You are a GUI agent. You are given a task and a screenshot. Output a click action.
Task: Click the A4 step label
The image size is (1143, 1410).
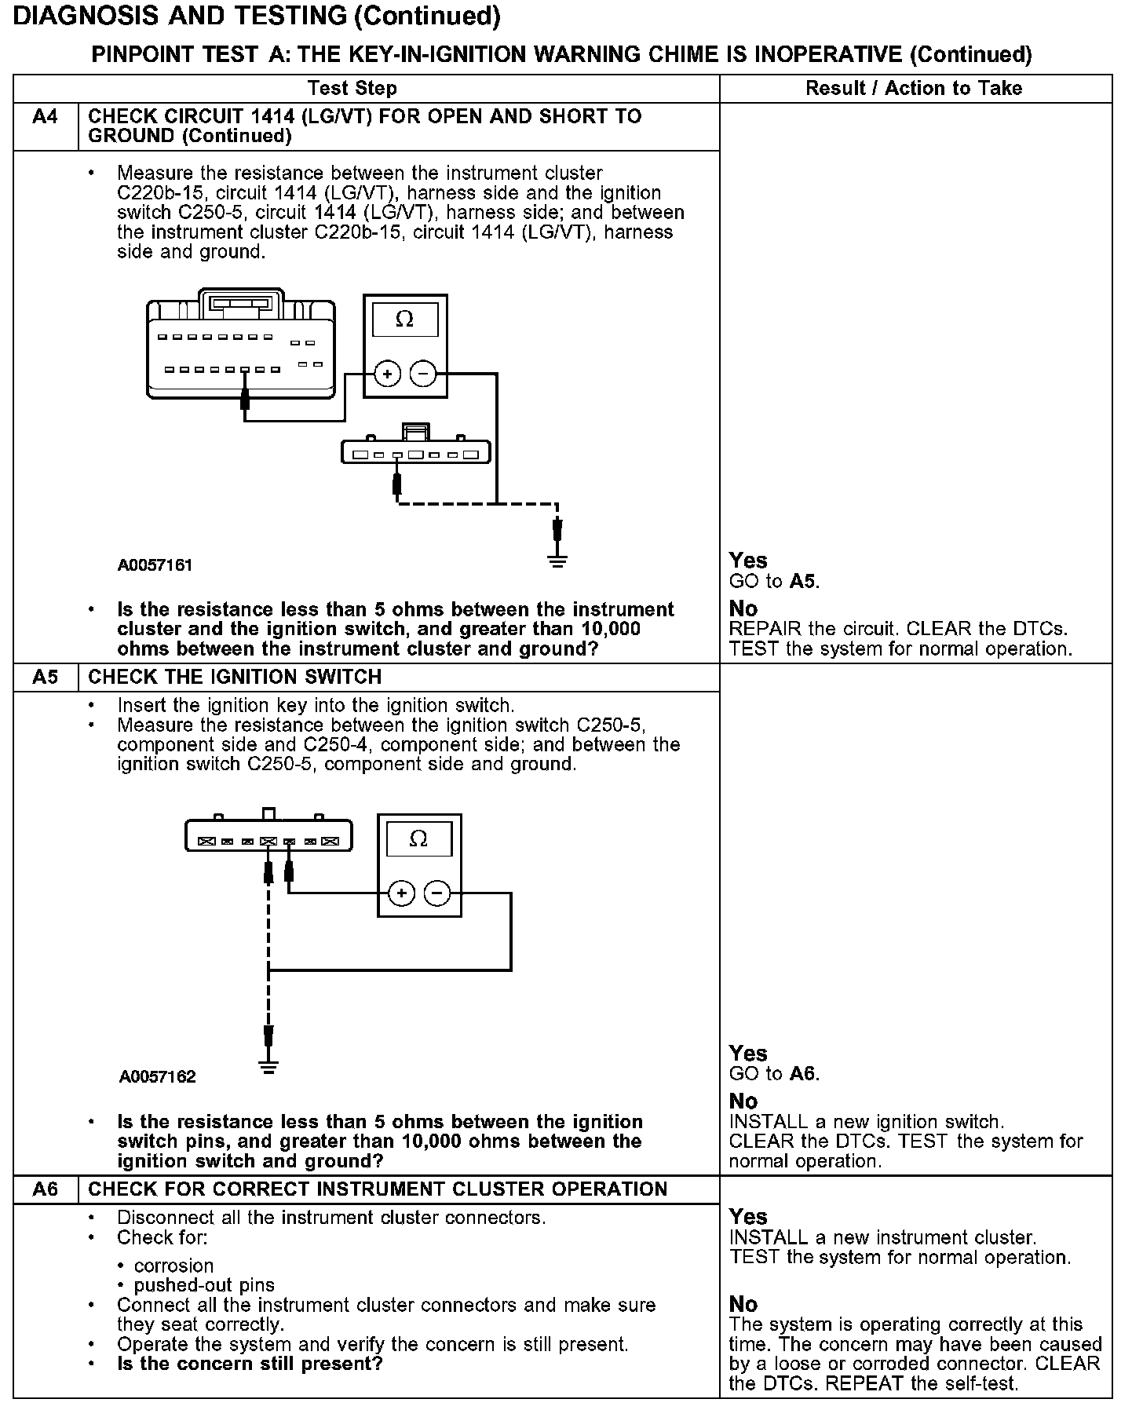point(46,117)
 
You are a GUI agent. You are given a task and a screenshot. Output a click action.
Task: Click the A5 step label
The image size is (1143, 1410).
point(46,677)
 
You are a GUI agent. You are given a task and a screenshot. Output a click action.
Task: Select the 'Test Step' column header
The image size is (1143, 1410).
point(352,88)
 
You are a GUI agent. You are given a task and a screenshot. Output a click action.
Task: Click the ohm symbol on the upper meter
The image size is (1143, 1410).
point(404,319)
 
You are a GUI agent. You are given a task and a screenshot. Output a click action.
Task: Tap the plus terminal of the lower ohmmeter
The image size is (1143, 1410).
point(401,893)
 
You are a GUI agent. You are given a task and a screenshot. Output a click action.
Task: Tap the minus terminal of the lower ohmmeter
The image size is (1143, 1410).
point(437,893)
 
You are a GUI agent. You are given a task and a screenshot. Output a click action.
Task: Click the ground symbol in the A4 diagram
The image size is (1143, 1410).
point(557,561)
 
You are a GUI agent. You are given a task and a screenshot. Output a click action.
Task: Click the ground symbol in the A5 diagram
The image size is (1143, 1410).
point(268,1066)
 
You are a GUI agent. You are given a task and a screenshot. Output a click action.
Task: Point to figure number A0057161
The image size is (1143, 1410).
point(155,565)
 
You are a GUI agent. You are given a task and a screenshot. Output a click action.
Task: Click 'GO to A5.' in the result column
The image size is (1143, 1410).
point(774,581)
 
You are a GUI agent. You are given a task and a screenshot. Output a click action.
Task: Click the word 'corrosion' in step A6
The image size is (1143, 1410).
point(173,1266)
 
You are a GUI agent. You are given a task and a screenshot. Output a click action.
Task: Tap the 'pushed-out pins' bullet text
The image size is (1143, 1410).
point(204,1285)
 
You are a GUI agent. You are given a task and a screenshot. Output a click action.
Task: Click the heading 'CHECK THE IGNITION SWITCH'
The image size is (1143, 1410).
point(235,677)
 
